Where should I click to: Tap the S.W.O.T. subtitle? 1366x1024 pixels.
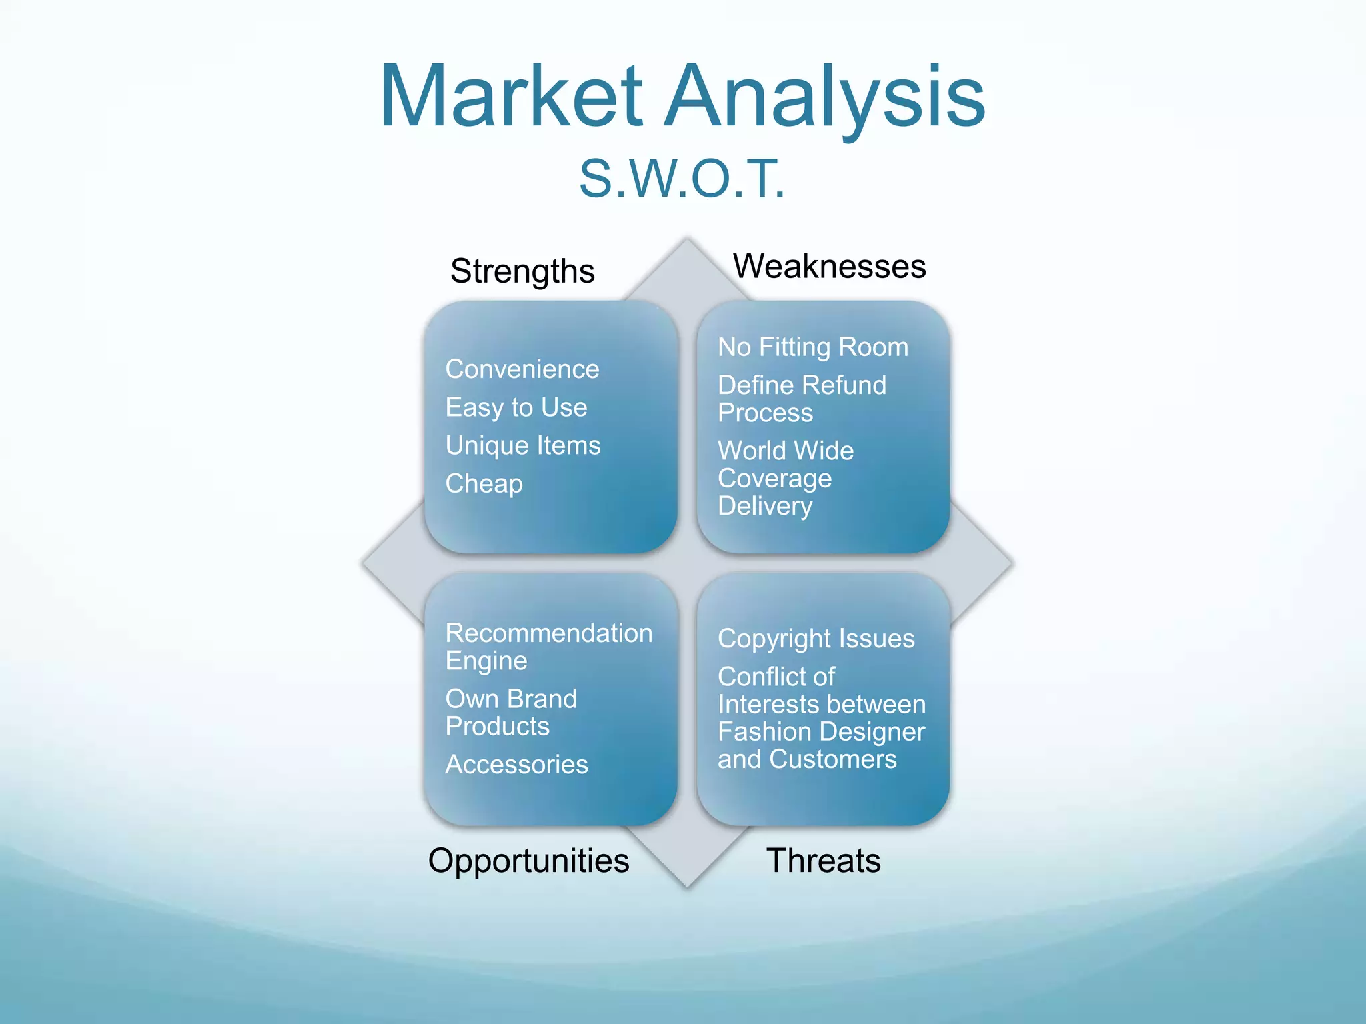pyautogui.click(x=682, y=179)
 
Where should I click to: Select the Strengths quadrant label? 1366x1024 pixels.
pyautogui.click(x=522, y=271)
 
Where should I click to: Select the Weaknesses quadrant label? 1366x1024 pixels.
pyautogui.click(x=829, y=266)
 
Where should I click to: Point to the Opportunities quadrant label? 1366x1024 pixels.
pyautogui.click(x=528, y=860)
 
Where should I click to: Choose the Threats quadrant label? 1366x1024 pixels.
pyautogui.click(x=823, y=860)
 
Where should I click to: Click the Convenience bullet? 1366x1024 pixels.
pyautogui.click(x=522, y=369)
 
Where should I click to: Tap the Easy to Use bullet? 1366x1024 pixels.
pyautogui.click(x=516, y=407)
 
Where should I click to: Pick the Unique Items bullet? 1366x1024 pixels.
pyautogui.click(x=523, y=445)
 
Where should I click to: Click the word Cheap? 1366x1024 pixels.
pyautogui.click(x=484, y=483)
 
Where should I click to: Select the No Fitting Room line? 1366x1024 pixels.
pyautogui.click(x=813, y=347)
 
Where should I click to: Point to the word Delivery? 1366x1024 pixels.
pyautogui.click(x=765, y=506)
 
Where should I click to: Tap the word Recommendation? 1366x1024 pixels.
pyautogui.click(x=549, y=633)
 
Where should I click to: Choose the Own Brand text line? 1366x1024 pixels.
pyautogui.click(x=511, y=699)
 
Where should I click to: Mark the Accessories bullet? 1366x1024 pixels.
pyautogui.click(x=516, y=764)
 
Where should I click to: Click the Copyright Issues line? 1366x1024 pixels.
pyautogui.click(x=816, y=638)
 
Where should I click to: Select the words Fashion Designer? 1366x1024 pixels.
pyautogui.click(x=821, y=731)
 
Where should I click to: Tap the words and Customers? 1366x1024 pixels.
pyautogui.click(x=807, y=759)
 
